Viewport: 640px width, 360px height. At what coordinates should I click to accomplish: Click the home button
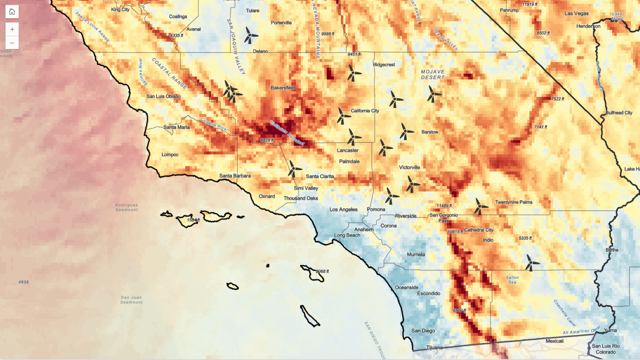(12, 12)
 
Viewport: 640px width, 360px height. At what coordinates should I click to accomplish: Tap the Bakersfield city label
(283, 88)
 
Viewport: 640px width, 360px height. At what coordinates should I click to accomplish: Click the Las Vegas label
(576, 14)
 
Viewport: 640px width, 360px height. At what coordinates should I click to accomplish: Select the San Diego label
(423, 331)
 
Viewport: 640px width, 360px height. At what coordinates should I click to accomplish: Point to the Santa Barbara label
(235, 176)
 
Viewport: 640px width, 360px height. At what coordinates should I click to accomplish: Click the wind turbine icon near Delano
(250, 35)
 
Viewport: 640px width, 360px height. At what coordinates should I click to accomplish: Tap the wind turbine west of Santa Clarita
(294, 169)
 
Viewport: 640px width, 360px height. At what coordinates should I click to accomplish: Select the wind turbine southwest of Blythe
(531, 263)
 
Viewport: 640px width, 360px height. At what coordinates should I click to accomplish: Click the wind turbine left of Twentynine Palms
(480, 207)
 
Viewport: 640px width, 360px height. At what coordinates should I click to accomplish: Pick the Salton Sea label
(512, 280)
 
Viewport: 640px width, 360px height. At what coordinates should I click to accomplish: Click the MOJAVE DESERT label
(433, 74)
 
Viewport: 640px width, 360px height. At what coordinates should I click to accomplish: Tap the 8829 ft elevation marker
(267, 140)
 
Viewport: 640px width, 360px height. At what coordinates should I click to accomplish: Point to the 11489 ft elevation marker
(444, 206)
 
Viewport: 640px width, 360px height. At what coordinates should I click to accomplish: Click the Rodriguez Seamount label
(126, 207)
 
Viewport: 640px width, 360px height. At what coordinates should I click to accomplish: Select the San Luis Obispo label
(163, 96)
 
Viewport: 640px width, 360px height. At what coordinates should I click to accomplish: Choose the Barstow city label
(430, 132)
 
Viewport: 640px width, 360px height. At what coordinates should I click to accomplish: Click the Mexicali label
(554, 341)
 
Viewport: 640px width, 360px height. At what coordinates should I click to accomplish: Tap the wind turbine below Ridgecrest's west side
(353, 73)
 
